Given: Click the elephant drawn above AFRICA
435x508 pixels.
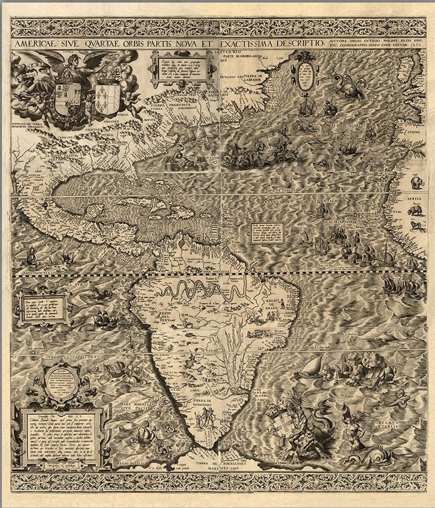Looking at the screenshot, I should click(x=414, y=183).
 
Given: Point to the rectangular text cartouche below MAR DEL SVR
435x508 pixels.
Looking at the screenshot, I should click(x=40, y=309).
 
